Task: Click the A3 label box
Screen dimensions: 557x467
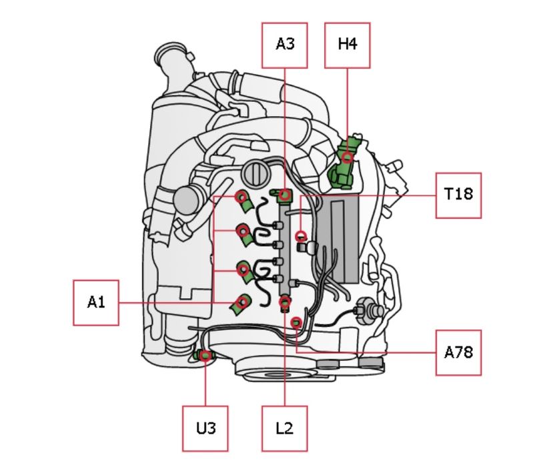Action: (285, 45)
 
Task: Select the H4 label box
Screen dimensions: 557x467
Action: (348, 45)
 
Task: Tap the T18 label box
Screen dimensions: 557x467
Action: (458, 195)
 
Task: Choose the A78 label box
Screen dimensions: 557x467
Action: (458, 352)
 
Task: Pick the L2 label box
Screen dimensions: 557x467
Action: (285, 428)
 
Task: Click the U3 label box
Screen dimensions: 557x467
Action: (205, 428)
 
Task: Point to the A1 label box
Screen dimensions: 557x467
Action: (96, 303)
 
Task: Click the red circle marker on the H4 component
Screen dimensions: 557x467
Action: (348, 157)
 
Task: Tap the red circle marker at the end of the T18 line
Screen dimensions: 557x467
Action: (301, 236)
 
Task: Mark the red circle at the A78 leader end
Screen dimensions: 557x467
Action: (296, 323)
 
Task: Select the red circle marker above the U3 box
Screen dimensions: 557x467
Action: (205, 355)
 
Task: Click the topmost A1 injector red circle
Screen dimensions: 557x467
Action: (241, 197)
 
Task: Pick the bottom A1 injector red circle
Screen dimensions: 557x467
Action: (243, 302)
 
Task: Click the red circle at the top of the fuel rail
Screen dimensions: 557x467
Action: (285, 195)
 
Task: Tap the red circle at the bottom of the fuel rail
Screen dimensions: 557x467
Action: (285, 302)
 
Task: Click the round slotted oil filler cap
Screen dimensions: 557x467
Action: (255, 173)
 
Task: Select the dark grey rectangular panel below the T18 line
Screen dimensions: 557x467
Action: (338, 238)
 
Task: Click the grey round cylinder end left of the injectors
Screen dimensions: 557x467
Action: (186, 200)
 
